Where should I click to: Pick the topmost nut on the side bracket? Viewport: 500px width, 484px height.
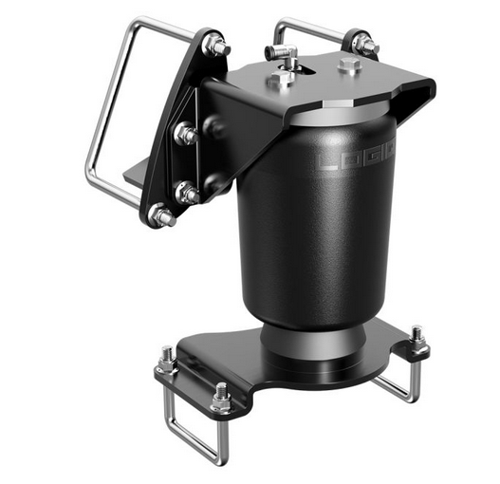(x=217, y=45)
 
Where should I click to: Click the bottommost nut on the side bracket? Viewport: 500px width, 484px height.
(x=163, y=216)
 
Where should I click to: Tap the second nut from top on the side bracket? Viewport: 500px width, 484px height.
(x=186, y=134)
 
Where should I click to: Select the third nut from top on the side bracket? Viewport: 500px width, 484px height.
(x=188, y=194)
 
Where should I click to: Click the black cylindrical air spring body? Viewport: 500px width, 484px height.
(x=313, y=228)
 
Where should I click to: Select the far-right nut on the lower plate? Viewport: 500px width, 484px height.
(x=417, y=338)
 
